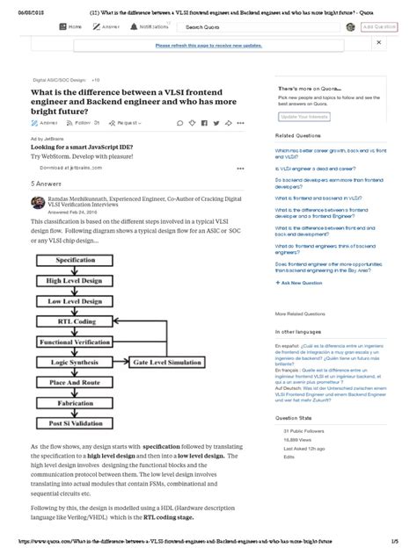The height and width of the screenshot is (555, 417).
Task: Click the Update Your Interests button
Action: coord(305,116)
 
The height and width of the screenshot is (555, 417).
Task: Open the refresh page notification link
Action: coord(208,45)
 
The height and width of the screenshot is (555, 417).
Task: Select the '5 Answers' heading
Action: coord(45,184)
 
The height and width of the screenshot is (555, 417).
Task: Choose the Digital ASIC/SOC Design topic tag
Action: coord(59,80)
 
